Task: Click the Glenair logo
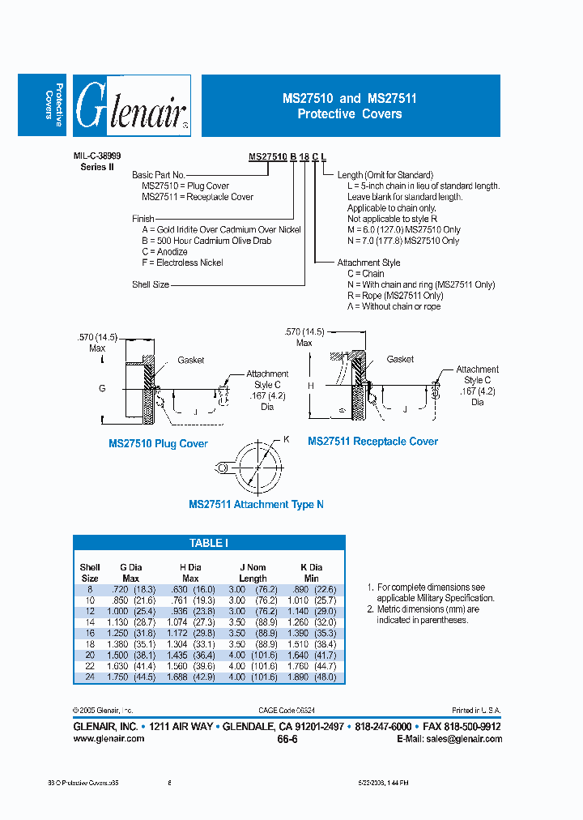[x=132, y=106]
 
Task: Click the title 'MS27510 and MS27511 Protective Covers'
[x=350, y=106]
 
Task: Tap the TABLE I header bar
[x=209, y=543]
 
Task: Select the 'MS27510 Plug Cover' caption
[x=158, y=444]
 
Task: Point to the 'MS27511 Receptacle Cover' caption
[x=372, y=442]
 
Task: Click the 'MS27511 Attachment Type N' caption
[x=256, y=505]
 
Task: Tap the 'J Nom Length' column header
[x=253, y=573]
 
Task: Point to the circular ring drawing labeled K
[x=257, y=466]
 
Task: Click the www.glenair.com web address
[x=109, y=738]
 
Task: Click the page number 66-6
[x=287, y=740]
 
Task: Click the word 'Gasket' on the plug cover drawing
[x=191, y=361]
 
